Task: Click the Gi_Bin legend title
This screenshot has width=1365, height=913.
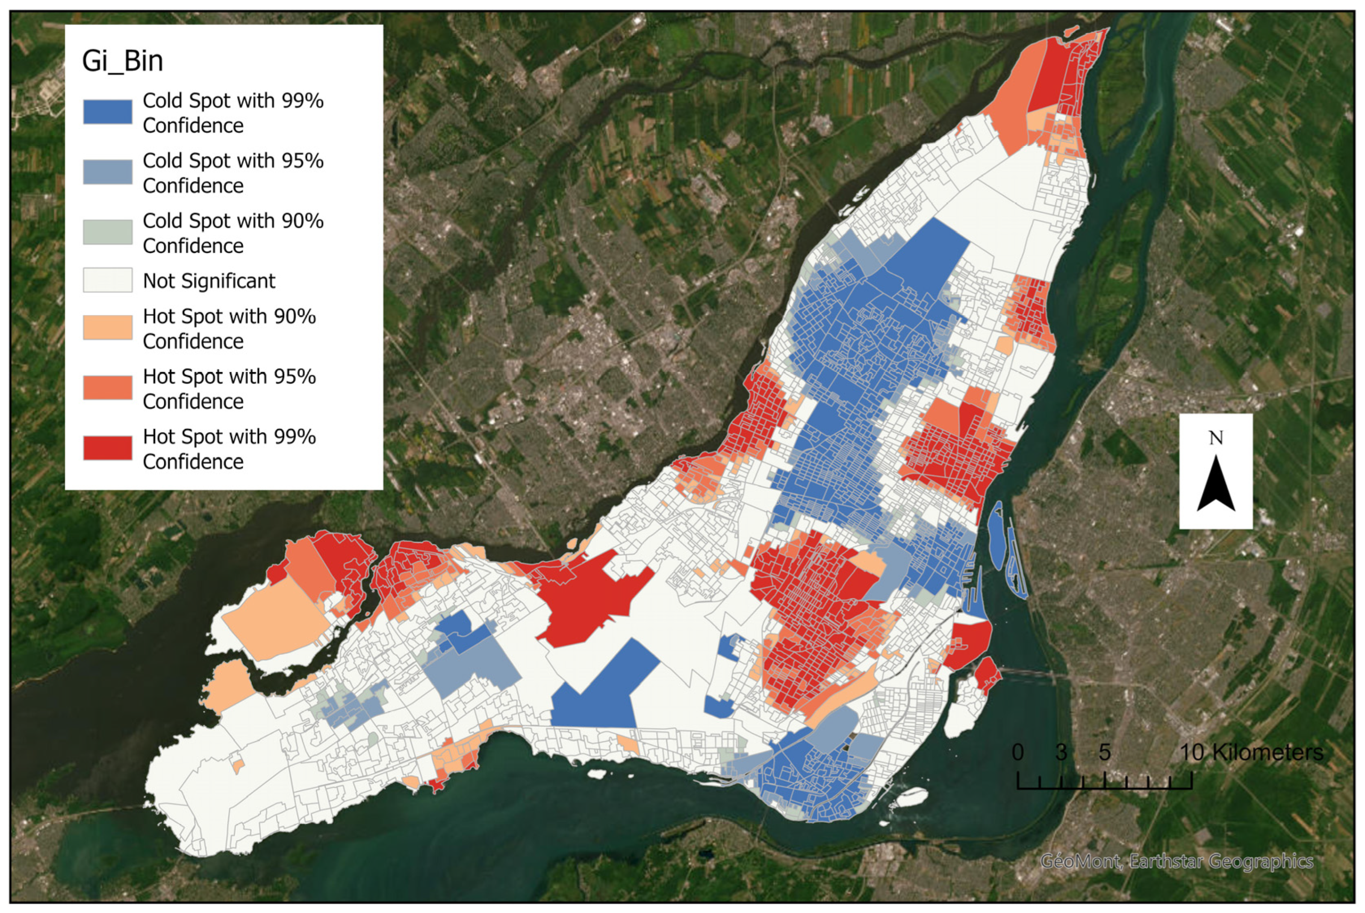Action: [x=122, y=61]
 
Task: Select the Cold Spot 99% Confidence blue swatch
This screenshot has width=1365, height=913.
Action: [x=107, y=112]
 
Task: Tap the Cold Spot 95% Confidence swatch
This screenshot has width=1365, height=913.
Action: [x=107, y=172]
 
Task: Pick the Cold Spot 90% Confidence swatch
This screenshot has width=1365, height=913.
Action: [x=107, y=232]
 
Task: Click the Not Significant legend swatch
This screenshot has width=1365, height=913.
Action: [x=107, y=280]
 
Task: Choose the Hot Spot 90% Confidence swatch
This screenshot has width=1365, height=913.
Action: [x=107, y=327]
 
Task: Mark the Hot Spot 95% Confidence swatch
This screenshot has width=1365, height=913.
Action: [x=107, y=387]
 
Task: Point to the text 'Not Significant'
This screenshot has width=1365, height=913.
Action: [x=209, y=281]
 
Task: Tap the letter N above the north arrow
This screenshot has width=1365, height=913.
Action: [x=1215, y=438]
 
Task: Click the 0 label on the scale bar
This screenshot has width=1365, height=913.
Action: [x=1017, y=752]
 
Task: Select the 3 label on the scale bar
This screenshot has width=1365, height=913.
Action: [x=1061, y=752]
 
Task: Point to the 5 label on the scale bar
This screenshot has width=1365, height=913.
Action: [x=1104, y=752]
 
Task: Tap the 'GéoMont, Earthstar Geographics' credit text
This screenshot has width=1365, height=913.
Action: [x=1176, y=860]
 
